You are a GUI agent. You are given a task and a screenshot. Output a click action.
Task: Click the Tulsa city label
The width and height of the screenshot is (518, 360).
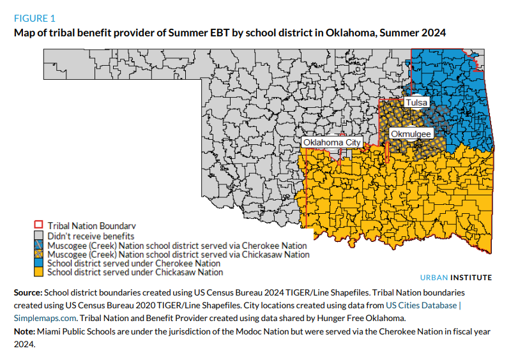pos(417,102)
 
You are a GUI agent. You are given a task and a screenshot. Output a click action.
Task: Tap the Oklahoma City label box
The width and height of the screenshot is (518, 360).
pos(332,142)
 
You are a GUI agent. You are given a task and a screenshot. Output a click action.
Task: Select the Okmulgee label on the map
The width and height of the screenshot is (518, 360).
pos(411,133)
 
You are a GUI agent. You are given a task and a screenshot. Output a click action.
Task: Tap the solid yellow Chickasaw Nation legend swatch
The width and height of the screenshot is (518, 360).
pos(38,273)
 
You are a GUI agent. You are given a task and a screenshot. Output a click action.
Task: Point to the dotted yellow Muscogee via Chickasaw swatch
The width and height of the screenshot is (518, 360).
pos(38,254)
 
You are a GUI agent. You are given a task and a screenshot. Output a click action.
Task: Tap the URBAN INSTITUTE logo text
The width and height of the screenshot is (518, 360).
pos(457,278)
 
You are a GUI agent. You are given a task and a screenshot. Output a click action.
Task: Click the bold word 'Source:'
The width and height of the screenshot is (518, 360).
pos(28,292)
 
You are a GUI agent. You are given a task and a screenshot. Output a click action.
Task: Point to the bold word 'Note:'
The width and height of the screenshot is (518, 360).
pos(25,331)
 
